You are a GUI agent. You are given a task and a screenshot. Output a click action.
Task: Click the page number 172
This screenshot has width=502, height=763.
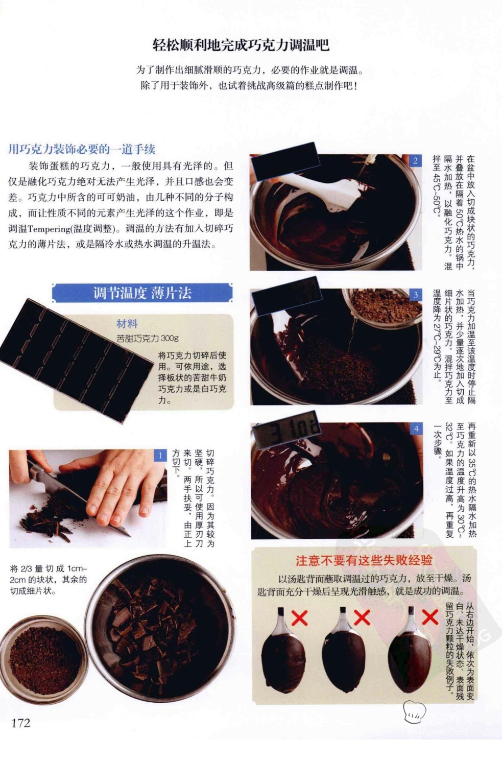(x=21, y=723)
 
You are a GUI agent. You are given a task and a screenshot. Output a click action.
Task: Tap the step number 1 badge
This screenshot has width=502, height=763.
(x=160, y=456)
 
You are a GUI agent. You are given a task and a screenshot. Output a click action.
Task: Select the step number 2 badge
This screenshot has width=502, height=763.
(x=415, y=161)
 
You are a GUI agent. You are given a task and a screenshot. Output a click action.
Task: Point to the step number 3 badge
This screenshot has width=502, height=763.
(x=416, y=295)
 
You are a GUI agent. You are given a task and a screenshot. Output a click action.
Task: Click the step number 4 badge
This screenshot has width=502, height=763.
(x=416, y=429)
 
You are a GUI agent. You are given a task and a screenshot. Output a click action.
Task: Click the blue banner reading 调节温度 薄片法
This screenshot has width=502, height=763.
(x=142, y=293)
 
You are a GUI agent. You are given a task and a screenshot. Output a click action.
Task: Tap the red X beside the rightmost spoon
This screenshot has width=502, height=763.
(x=430, y=617)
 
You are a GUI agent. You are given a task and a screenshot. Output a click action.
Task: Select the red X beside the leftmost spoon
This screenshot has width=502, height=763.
(x=300, y=618)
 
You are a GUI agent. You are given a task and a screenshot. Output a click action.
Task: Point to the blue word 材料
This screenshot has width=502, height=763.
(x=127, y=324)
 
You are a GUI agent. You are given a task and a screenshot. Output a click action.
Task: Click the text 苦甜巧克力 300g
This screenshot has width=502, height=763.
(x=148, y=338)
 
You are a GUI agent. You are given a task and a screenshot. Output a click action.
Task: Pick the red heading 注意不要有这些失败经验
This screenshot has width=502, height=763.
(x=364, y=560)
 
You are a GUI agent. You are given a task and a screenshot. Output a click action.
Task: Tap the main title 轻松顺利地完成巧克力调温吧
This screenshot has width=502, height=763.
(x=241, y=45)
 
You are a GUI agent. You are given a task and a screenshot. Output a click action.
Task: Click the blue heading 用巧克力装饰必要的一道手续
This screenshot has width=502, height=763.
(x=82, y=149)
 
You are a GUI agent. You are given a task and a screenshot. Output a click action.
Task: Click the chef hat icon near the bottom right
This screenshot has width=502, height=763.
(x=414, y=711)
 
